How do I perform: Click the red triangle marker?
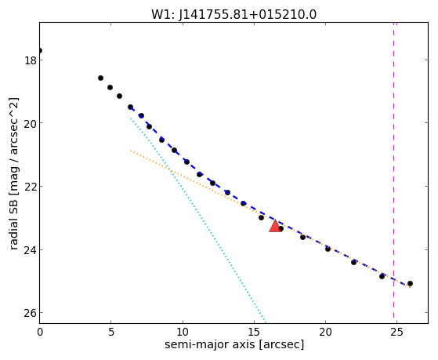click(276, 226)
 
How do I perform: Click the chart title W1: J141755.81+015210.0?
click(233, 15)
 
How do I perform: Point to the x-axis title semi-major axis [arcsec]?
click(234, 344)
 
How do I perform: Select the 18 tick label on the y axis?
click(31, 60)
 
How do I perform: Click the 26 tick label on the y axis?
click(31, 313)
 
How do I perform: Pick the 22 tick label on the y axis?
click(31, 187)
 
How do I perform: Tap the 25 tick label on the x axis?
click(396, 332)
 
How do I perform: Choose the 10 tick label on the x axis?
click(183, 332)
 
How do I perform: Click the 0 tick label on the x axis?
click(40, 332)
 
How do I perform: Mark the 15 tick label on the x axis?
click(254, 332)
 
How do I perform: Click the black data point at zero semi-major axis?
click(40, 51)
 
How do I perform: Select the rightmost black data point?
click(410, 284)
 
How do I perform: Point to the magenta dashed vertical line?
click(394, 171)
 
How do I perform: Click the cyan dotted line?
click(197, 220)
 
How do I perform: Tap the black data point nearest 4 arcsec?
click(100, 78)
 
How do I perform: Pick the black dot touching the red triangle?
click(281, 229)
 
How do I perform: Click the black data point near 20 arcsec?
click(328, 249)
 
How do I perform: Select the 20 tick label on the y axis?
click(31, 123)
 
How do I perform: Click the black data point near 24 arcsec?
click(382, 276)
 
